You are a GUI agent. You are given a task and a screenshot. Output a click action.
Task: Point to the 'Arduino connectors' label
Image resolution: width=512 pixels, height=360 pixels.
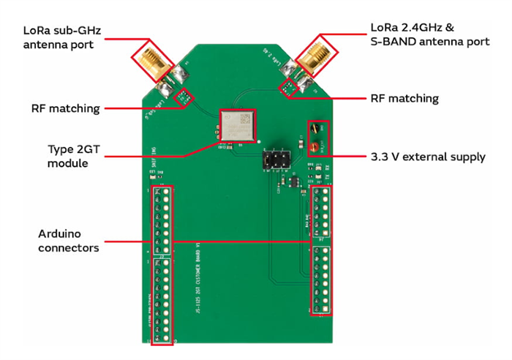(69, 241)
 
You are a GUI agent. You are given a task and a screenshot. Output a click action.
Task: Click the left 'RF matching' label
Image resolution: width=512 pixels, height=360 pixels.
(65, 108)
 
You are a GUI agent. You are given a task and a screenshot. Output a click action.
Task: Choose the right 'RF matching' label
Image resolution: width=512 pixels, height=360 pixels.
(404, 98)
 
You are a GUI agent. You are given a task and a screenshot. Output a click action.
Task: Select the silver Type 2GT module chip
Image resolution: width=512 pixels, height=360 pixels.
(238, 126)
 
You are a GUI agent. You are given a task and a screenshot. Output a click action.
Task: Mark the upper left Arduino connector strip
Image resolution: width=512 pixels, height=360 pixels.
(162, 217)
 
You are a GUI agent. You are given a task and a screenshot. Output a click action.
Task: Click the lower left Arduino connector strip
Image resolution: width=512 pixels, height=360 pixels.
(162, 300)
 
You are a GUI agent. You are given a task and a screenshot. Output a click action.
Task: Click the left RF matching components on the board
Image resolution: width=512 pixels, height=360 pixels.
(183, 96)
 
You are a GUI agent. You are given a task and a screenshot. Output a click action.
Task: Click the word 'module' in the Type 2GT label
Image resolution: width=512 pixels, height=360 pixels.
(68, 162)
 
